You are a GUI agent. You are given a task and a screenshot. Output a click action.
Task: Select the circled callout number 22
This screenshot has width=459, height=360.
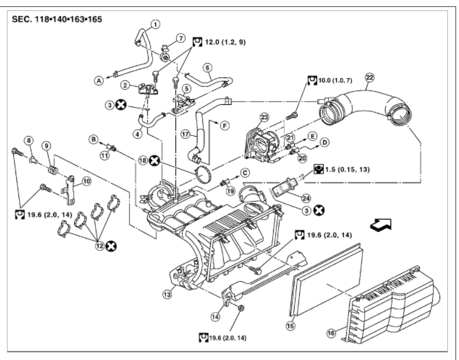(370, 76)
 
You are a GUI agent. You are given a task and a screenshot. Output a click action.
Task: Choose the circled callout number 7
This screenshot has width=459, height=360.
(181, 39)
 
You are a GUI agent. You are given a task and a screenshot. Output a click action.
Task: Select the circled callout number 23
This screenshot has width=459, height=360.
(265, 117)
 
